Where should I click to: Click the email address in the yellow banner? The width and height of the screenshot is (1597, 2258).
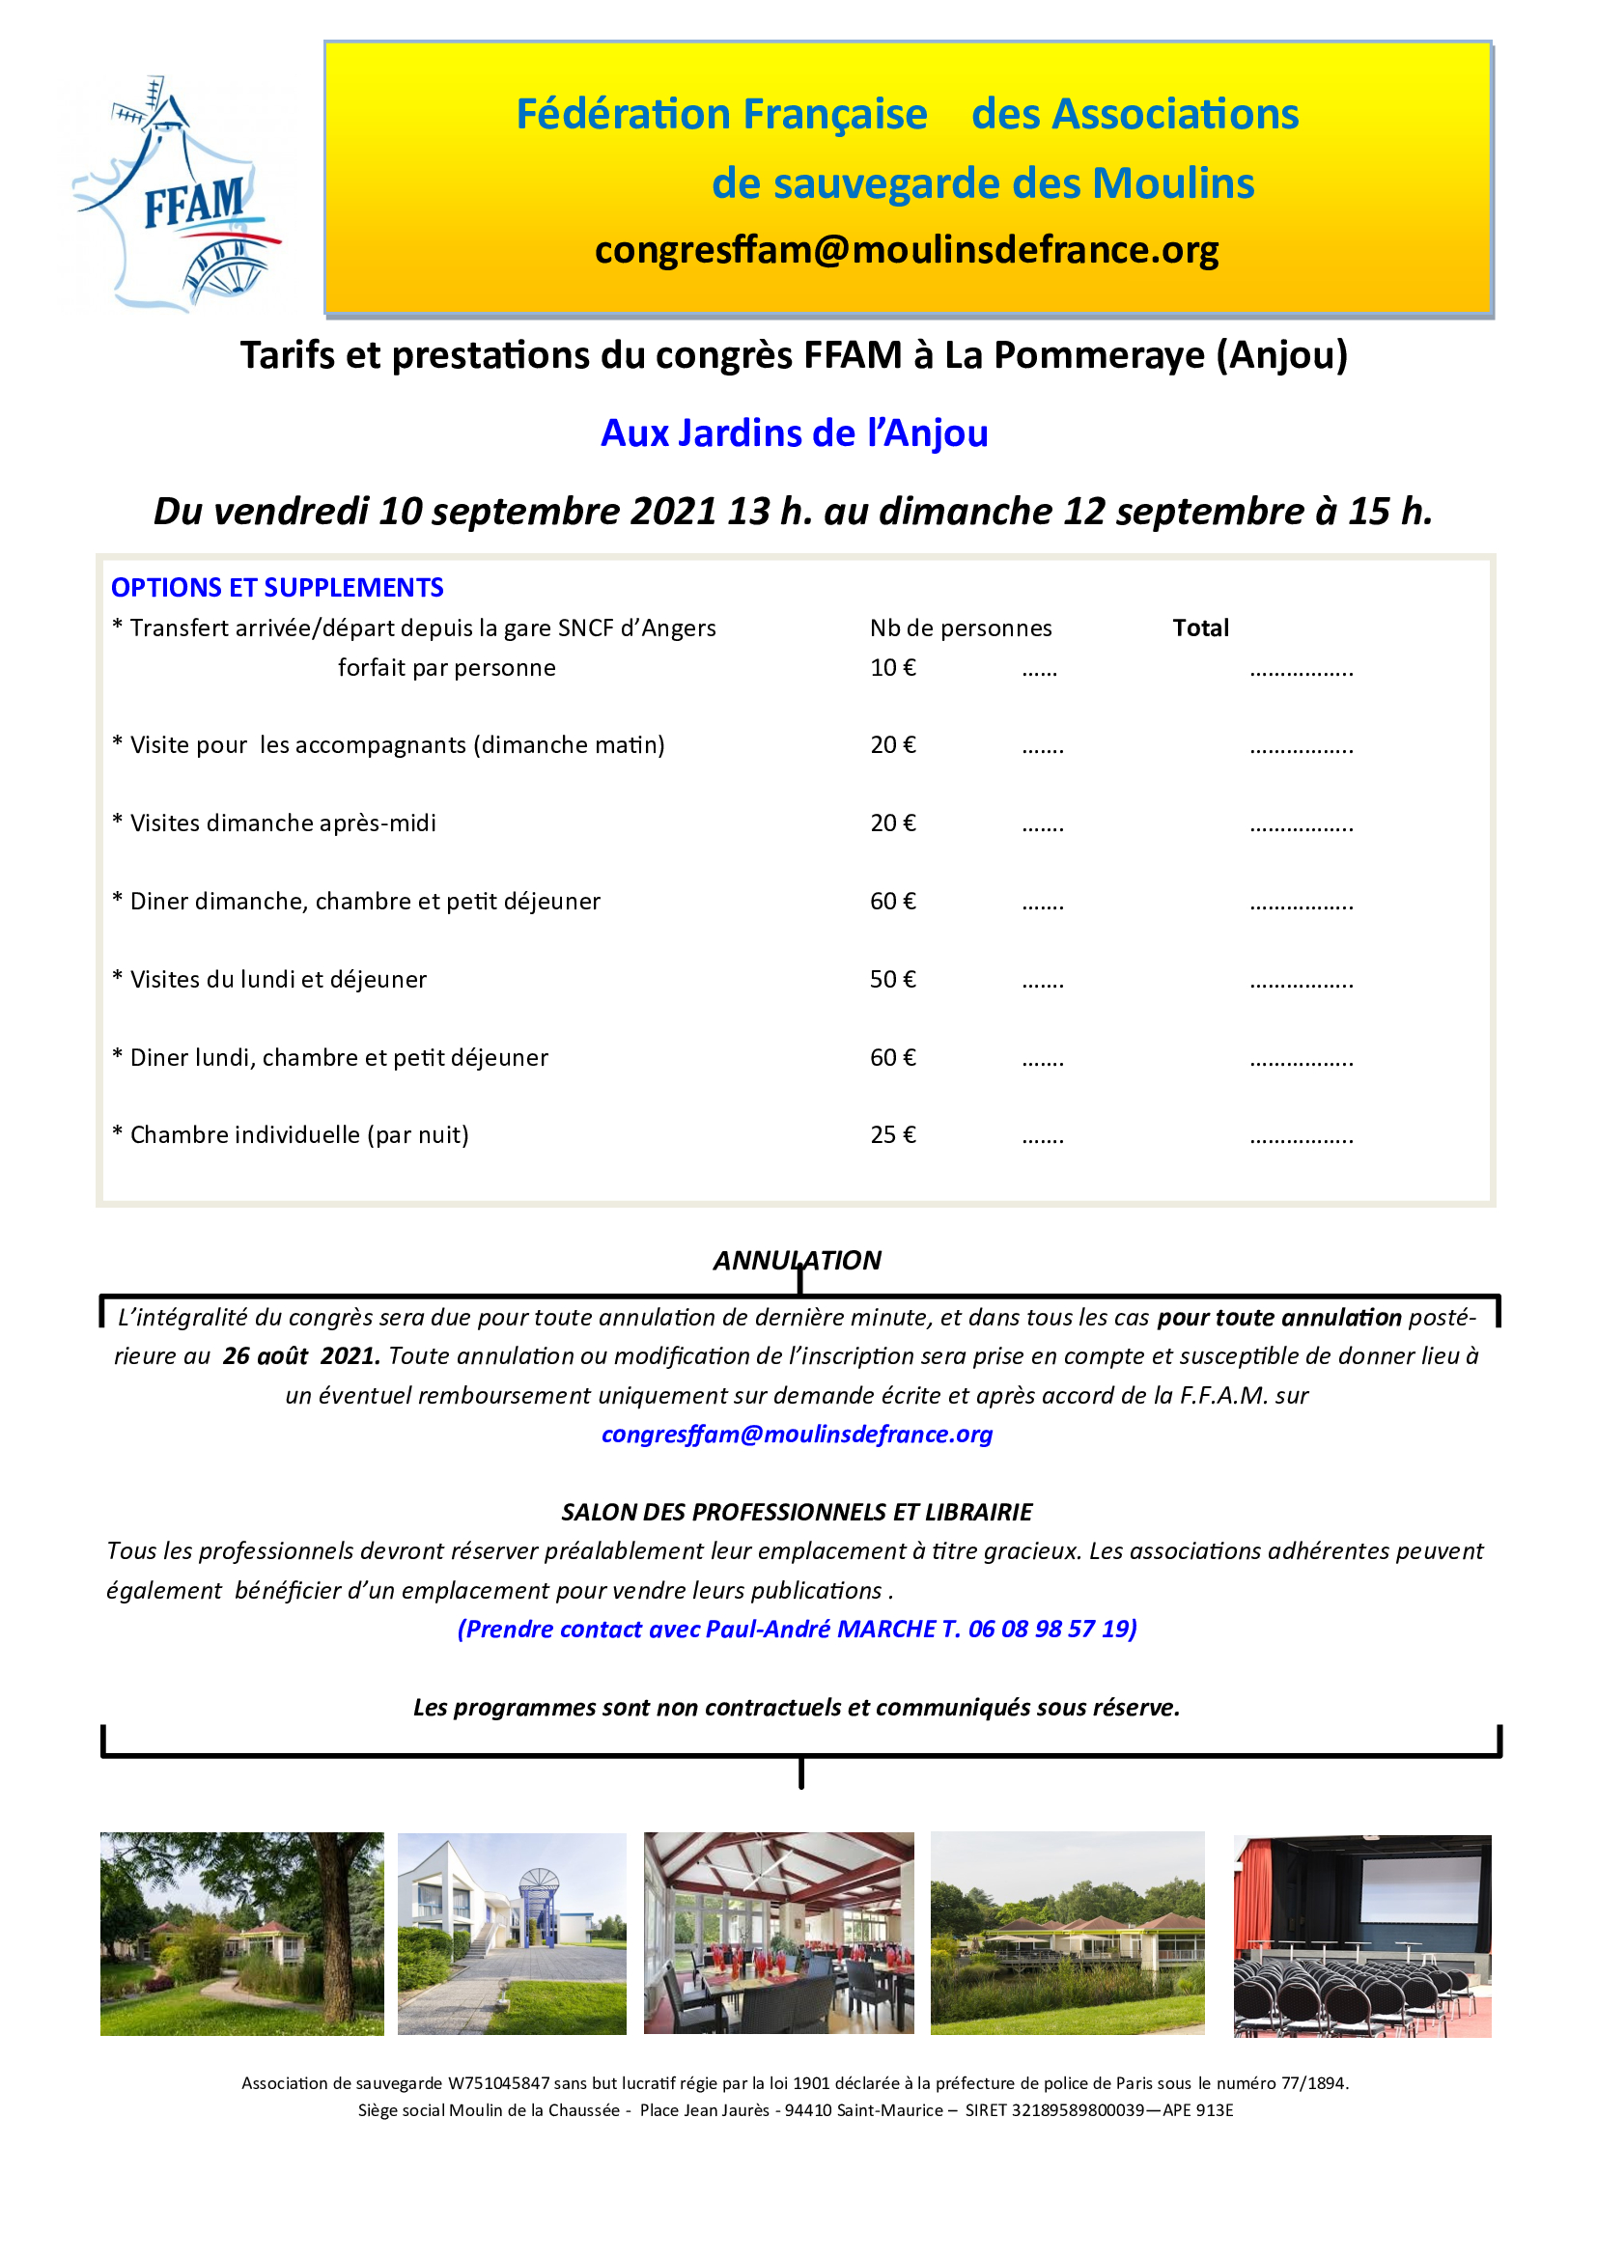(906, 251)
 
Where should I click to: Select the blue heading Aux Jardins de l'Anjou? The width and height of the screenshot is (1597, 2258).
(794, 433)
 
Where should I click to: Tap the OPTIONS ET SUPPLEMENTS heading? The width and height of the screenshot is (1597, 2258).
(277, 588)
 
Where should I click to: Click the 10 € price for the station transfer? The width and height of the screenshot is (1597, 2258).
(892, 669)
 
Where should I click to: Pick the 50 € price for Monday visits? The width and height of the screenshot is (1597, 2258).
(892, 980)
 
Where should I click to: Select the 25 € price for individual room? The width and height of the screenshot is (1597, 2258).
(892, 1135)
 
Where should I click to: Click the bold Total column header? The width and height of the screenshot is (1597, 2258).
(1200, 628)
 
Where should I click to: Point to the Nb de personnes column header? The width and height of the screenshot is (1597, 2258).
(960, 628)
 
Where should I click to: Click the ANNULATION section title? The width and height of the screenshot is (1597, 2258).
(797, 1261)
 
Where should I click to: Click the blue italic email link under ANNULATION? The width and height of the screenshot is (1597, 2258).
(797, 1435)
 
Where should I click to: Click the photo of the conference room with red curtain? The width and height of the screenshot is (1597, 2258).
(1362, 1936)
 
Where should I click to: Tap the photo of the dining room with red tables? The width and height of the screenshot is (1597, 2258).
(778, 1934)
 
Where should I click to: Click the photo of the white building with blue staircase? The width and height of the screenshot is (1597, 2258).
(512, 1934)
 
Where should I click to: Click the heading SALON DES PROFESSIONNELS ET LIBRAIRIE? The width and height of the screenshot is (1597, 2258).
(797, 1513)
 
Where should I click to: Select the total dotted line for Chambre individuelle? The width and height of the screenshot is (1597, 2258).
(1301, 1139)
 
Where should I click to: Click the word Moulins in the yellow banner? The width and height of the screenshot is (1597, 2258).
(1172, 184)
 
